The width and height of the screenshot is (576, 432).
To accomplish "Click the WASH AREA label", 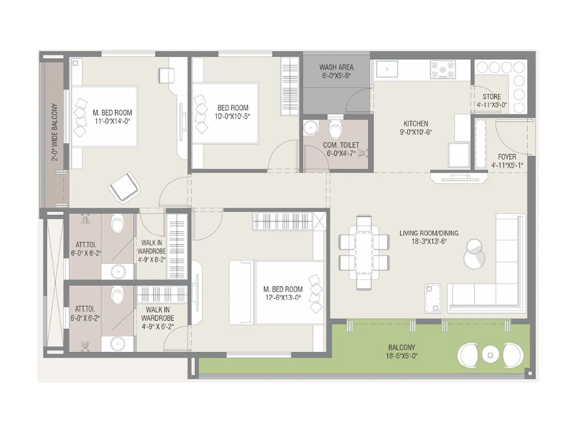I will (336, 67).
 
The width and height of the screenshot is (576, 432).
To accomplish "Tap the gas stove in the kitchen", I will (443, 69).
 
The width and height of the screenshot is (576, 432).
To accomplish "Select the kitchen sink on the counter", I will (387, 69).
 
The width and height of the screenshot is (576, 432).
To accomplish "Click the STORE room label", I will (492, 97).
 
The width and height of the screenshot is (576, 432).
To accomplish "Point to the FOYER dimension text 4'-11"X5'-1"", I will (507, 166).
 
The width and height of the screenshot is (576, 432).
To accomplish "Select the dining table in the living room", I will (364, 252).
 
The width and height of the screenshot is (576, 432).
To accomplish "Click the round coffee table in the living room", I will (474, 254).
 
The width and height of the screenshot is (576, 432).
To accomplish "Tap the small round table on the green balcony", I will (490, 355).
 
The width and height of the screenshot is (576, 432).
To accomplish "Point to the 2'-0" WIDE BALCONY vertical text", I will (54, 132).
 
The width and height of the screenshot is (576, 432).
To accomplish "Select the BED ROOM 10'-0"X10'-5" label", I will (233, 112).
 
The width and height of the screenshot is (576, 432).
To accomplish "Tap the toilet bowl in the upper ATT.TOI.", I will (118, 224).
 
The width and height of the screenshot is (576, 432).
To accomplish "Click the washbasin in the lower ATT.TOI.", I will (117, 343).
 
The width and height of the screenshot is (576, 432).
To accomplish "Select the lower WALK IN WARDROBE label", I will (158, 318).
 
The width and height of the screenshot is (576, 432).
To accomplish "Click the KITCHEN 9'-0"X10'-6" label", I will (416, 128).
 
